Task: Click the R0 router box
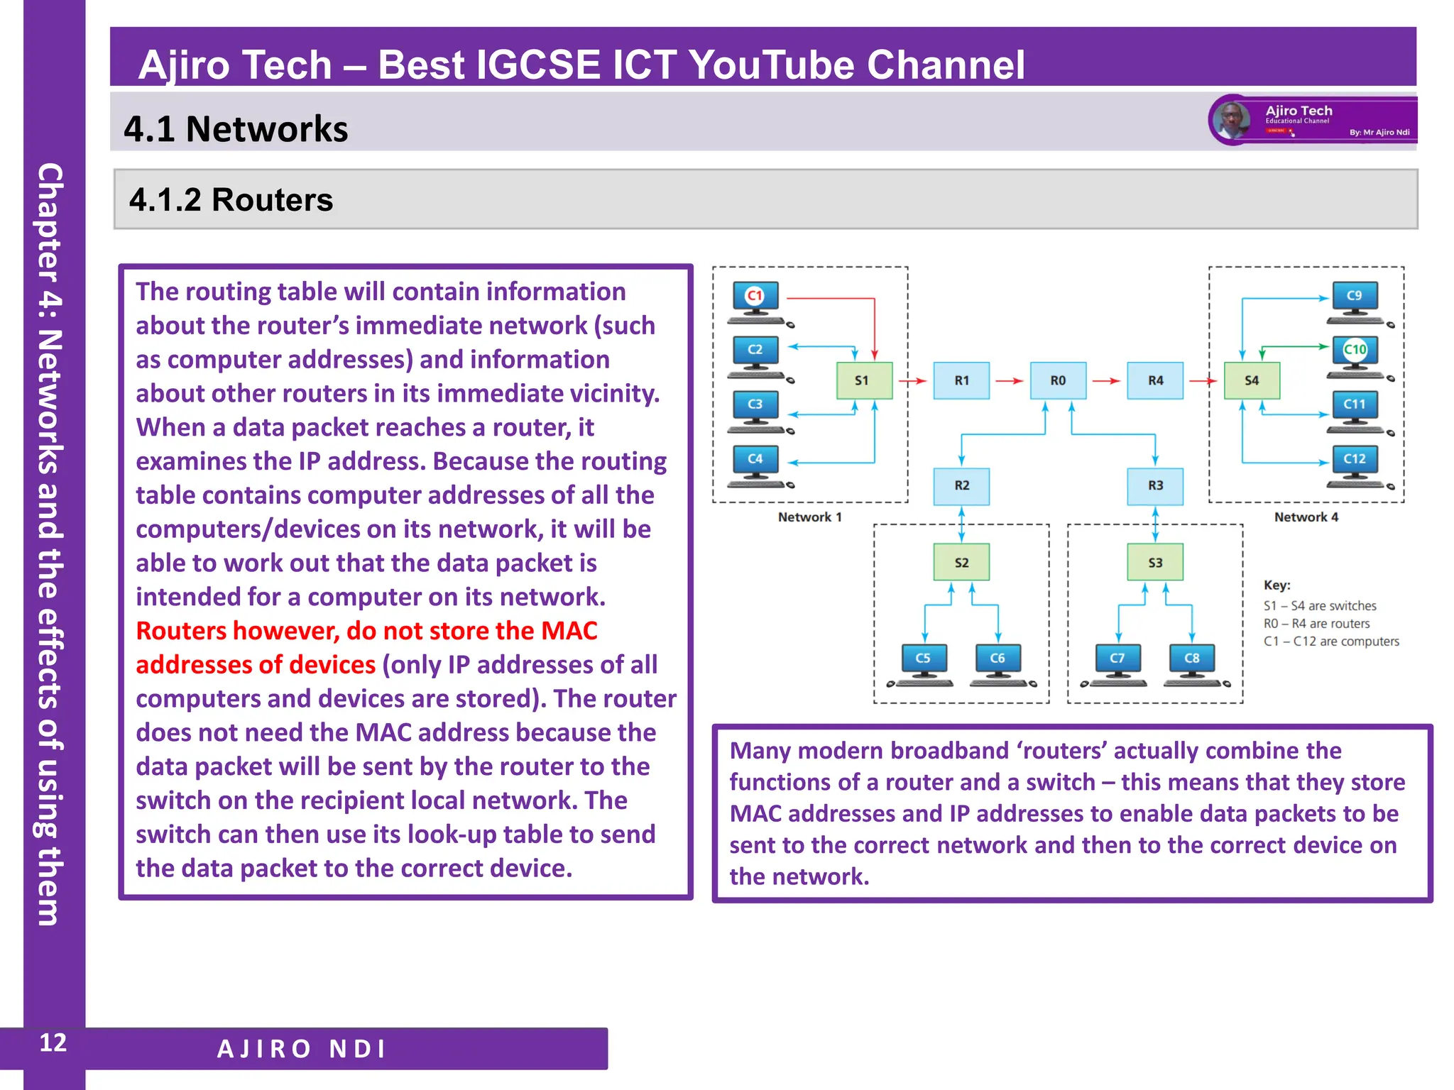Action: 1058,380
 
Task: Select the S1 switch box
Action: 863,380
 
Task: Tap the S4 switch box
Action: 1252,380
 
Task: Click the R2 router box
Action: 961,485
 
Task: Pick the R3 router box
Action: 1155,485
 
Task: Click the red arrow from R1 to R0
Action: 1009,381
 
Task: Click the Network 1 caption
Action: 809,517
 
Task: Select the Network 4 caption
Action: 1306,517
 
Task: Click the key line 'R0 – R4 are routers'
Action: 1316,624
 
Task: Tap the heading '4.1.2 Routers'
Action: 231,200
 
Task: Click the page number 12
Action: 53,1043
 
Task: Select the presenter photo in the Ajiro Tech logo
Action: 1231,120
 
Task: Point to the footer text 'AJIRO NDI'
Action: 302,1049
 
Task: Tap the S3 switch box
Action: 1155,563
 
